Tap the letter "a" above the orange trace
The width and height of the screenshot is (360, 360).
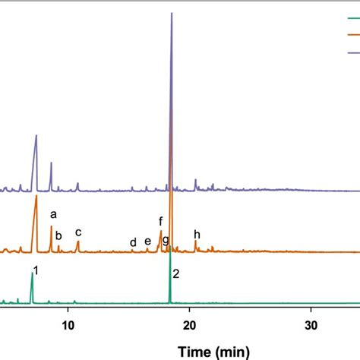pyautogui.click(x=53, y=216)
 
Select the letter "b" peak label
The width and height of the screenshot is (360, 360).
pyautogui.click(x=58, y=235)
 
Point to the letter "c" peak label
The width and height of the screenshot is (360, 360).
pyautogui.click(x=77, y=232)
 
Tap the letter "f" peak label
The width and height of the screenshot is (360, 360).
pyautogui.click(x=161, y=221)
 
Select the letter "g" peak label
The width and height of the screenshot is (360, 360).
pyautogui.click(x=166, y=240)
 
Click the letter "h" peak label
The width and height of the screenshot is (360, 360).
pyautogui.click(x=197, y=234)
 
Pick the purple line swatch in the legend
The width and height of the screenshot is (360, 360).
pyautogui.click(x=352, y=52)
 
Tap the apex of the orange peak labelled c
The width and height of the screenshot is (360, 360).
pyautogui.click(x=77, y=242)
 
